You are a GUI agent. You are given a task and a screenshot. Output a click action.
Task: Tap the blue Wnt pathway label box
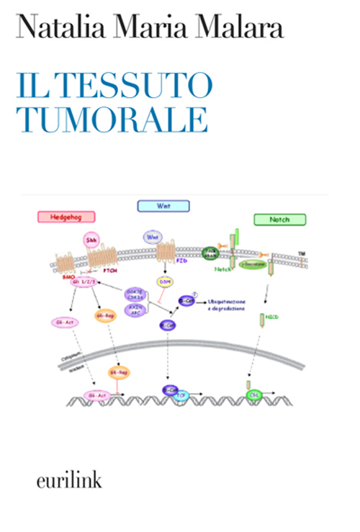(x=163, y=206)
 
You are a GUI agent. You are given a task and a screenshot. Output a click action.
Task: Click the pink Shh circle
(x=92, y=239)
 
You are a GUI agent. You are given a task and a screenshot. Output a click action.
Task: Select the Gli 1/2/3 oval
(x=84, y=283)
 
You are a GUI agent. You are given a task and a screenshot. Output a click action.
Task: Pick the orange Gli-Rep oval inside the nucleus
(x=118, y=372)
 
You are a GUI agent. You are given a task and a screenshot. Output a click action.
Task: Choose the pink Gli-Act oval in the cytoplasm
(x=65, y=323)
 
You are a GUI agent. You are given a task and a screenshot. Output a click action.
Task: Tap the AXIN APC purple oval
(x=134, y=310)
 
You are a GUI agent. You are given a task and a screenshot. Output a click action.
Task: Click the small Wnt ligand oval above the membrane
(x=152, y=236)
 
